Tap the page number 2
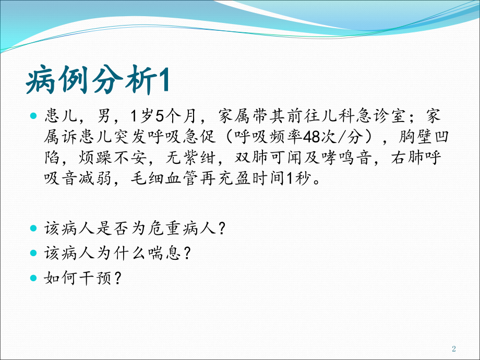click(x=453, y=349)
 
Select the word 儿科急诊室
click(x=355, y=114)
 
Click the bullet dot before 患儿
click(x=34, y=114)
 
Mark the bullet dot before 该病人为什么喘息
click(x=34, y=253)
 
